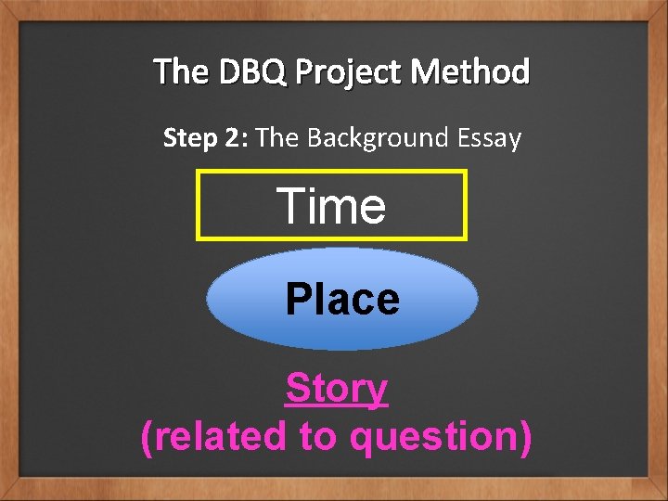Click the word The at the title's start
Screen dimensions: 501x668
[182, 71]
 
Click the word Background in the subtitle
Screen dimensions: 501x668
[364, 139]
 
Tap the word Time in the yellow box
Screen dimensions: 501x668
[332, 205]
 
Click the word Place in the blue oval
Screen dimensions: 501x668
[342, 300]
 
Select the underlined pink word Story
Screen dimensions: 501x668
[336, 389]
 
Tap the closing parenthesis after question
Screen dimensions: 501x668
[526, 436]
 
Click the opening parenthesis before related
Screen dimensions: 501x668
[146, 436]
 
